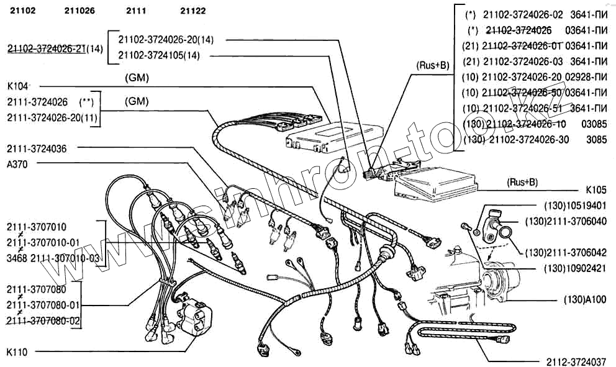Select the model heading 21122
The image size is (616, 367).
pos(193,11)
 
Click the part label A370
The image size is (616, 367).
pos(18,163)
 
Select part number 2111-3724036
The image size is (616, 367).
pos(37,148)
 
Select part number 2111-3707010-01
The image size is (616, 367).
pos(43,242)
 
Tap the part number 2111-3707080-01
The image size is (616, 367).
pos(43,305)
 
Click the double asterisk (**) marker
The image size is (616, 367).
pos(86,101)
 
